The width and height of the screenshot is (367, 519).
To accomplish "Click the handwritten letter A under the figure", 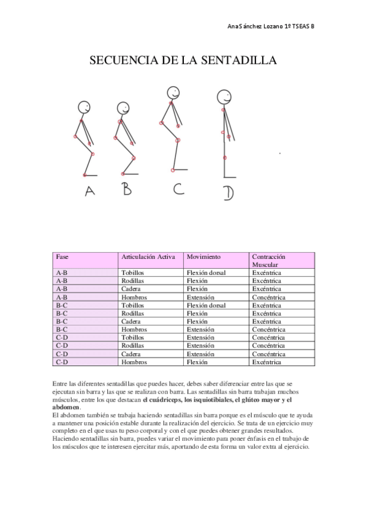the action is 90,192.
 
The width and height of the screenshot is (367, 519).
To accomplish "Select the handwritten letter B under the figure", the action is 126,189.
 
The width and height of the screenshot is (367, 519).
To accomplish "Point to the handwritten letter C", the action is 178,189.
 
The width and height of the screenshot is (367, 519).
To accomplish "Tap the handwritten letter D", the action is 228,193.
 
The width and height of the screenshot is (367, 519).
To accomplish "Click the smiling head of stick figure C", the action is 173,94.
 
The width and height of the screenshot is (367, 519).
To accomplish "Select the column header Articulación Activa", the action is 147,256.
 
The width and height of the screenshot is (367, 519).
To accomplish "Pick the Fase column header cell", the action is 62,256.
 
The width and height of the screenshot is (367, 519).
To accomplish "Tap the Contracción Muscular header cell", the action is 268,261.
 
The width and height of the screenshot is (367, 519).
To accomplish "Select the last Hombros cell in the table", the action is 134,362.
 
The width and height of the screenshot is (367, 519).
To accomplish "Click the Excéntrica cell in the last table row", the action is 267,362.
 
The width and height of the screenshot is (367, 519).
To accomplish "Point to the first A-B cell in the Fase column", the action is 61,272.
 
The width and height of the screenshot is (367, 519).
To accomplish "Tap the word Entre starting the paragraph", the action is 62,383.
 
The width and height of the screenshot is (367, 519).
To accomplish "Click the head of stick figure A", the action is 83,106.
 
